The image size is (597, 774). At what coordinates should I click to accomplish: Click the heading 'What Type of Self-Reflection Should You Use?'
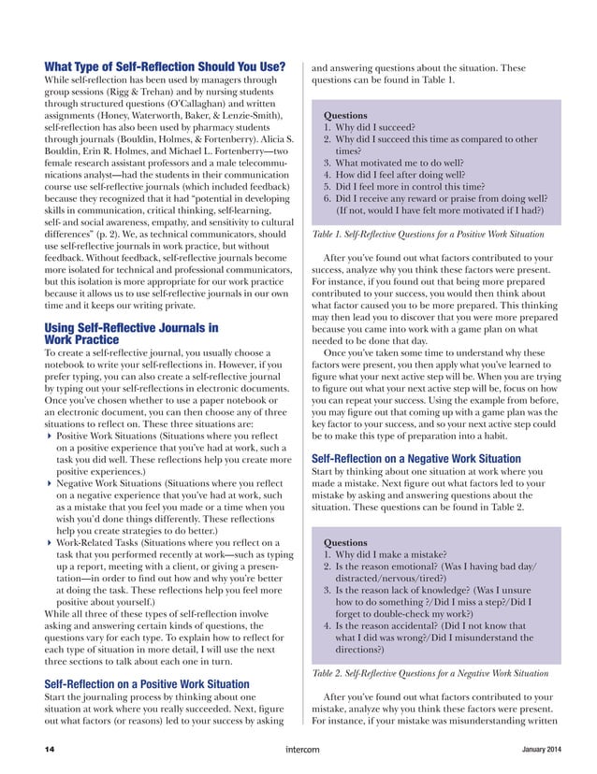165,66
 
